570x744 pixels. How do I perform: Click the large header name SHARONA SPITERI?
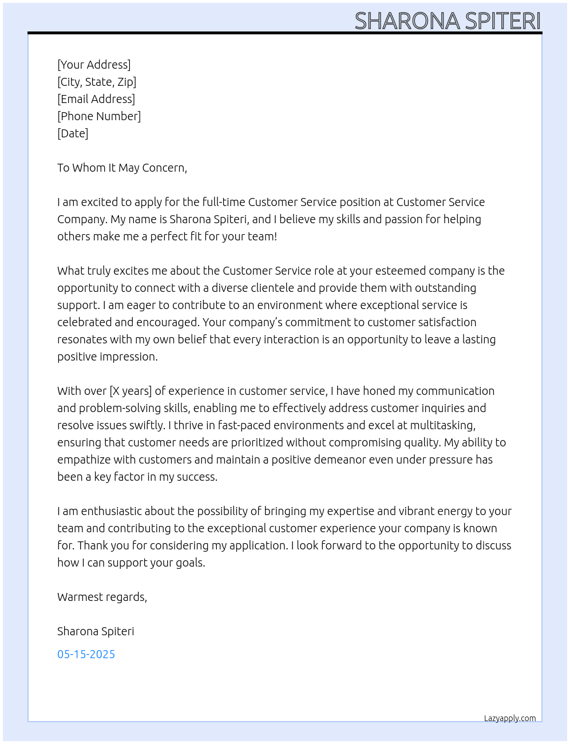(x=447, y=21)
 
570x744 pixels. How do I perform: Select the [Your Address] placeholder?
(x=94, y=65)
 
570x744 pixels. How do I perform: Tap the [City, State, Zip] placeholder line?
(x=97, y=82)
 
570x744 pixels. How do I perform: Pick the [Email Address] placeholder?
(x=96, y=99)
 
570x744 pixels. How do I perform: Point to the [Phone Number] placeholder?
(x=99, y=116)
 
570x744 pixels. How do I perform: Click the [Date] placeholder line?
(x=73, y=133)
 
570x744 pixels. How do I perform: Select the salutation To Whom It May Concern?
(x=122, y=168)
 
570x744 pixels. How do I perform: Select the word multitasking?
(x=442, y=425)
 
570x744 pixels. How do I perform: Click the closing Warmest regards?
(x=102, y=597)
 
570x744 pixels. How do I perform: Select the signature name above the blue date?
(x=96, y=631)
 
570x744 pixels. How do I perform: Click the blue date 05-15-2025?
(x=86, y=654)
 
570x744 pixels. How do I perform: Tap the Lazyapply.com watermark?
(x=510, y=718)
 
